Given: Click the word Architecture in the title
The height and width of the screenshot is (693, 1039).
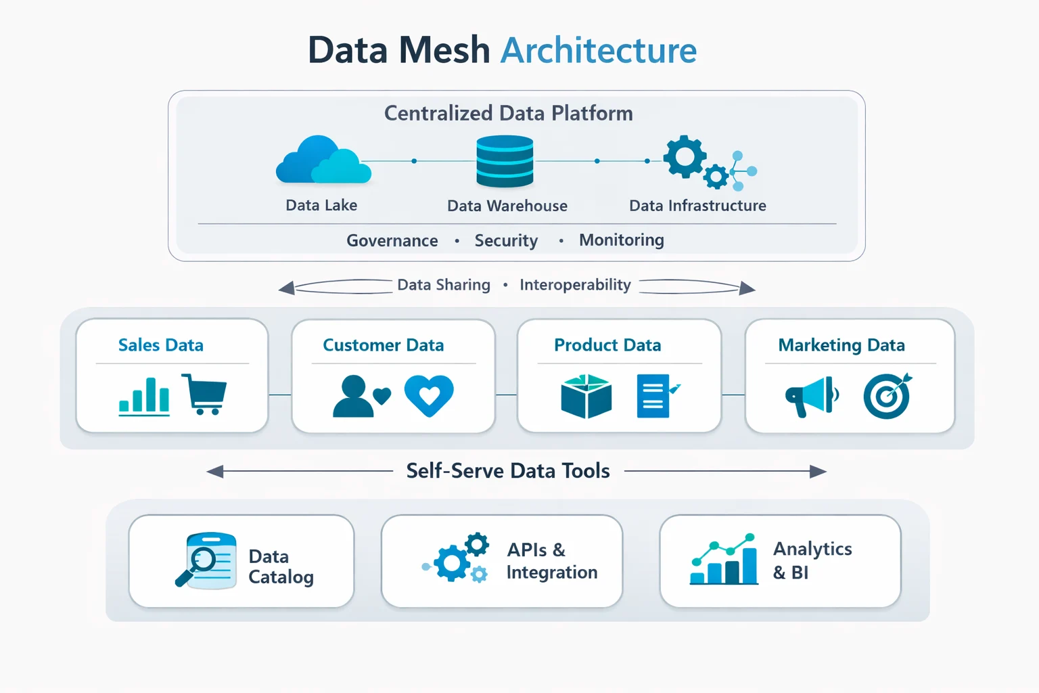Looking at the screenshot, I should click(x=599, y=51).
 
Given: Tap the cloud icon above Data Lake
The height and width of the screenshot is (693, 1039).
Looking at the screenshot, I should click(x=323, y=161).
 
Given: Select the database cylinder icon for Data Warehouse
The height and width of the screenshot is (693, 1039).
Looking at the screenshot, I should click(x=505, y=161).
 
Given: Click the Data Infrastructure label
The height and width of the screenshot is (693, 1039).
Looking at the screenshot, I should click(x=697, y=206).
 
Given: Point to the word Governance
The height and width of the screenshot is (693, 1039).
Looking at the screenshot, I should click(x=392, y=241).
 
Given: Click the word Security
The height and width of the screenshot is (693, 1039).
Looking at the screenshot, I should click(x=506, y=241).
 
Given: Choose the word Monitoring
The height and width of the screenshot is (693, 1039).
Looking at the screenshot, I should click(x=621, y=240).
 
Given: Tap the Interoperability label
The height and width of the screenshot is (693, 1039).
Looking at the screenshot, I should click(x=575, y=285).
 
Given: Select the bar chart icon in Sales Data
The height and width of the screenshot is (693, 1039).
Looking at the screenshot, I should click(x=144, y=397).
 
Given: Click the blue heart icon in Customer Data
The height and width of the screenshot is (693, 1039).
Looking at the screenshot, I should click(x=429, y=395).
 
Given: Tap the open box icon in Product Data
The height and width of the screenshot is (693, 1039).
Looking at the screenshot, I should click(x=586, y=396).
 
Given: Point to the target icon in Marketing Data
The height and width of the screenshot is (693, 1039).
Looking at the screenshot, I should click(x=887, y=396).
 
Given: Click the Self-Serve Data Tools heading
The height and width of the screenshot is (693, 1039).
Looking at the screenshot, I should click(x=508, y=471).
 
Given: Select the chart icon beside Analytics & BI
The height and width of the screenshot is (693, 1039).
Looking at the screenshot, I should click(x=723, y=560).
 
